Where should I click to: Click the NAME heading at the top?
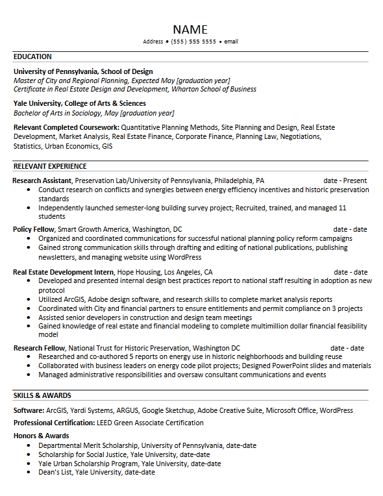pyautogui.click(x=190, y=29)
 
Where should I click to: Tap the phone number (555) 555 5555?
pyautogui.click(x=193, y=42)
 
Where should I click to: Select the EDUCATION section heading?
pyautogui.click(x=32, y=56)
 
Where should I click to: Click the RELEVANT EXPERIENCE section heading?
pyautogui.click(x=49, y=166)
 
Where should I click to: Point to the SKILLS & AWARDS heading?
pyautogui.click(x=42, y=395)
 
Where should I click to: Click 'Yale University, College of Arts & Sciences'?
pyautogui.click(x=79, y=103)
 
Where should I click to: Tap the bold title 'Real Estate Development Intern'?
pyautogui.click(x=64, y=272)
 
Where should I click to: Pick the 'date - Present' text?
pyautogui.click(x=345, y=180)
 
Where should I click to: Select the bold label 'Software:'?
pyautogui.click(x=29, y=410)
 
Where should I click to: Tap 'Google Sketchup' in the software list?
pyautogui.click(x=168, y=410)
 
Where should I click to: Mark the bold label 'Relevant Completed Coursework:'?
pyautogui.click(x=66, y=128)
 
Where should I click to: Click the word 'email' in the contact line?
pyautogui.click(x=231, y=42)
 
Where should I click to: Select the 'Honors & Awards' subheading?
pyautogui.click(x=41, y=436)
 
